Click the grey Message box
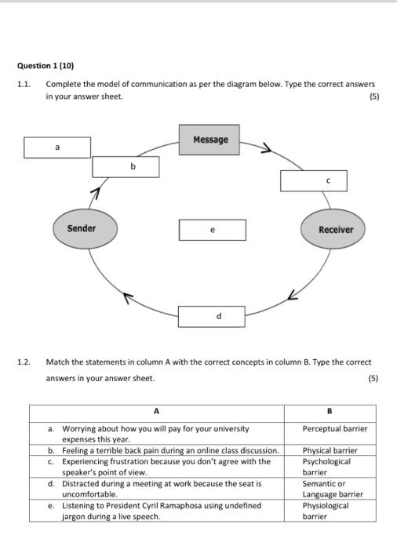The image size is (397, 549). coord(209,140)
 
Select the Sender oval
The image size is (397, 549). coord(82,228)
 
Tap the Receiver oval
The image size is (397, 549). coord(336,229)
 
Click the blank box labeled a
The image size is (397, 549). coord(56,147)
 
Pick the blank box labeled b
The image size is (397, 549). coord(126,166)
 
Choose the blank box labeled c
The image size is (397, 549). coord(313,180)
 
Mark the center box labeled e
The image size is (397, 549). coord(212,230)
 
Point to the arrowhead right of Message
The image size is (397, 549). coord(267,147)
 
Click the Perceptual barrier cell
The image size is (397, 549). coord(334,429)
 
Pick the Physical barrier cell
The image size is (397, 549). coord(330,450)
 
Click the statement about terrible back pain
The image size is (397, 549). coord(170,450)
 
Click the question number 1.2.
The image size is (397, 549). coord(24,362)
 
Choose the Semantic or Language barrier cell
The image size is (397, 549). coord(333,489)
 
